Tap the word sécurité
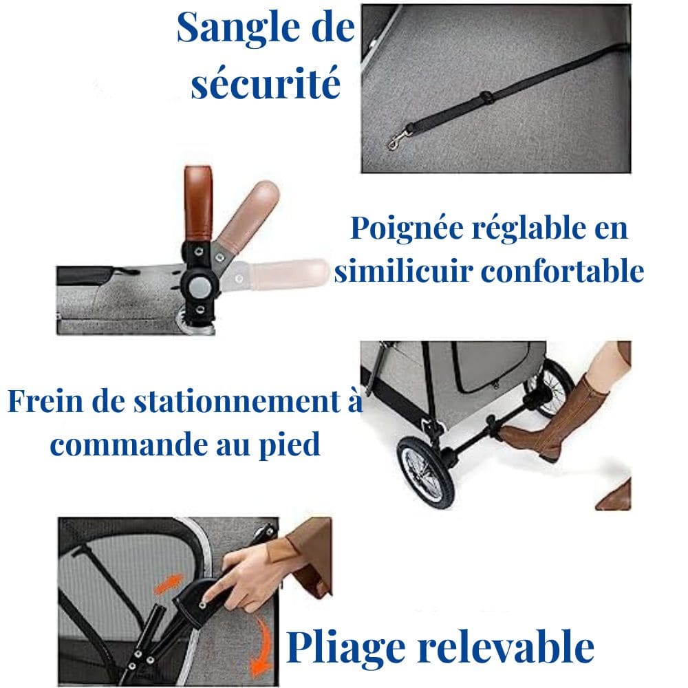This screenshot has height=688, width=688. [266, 84]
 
